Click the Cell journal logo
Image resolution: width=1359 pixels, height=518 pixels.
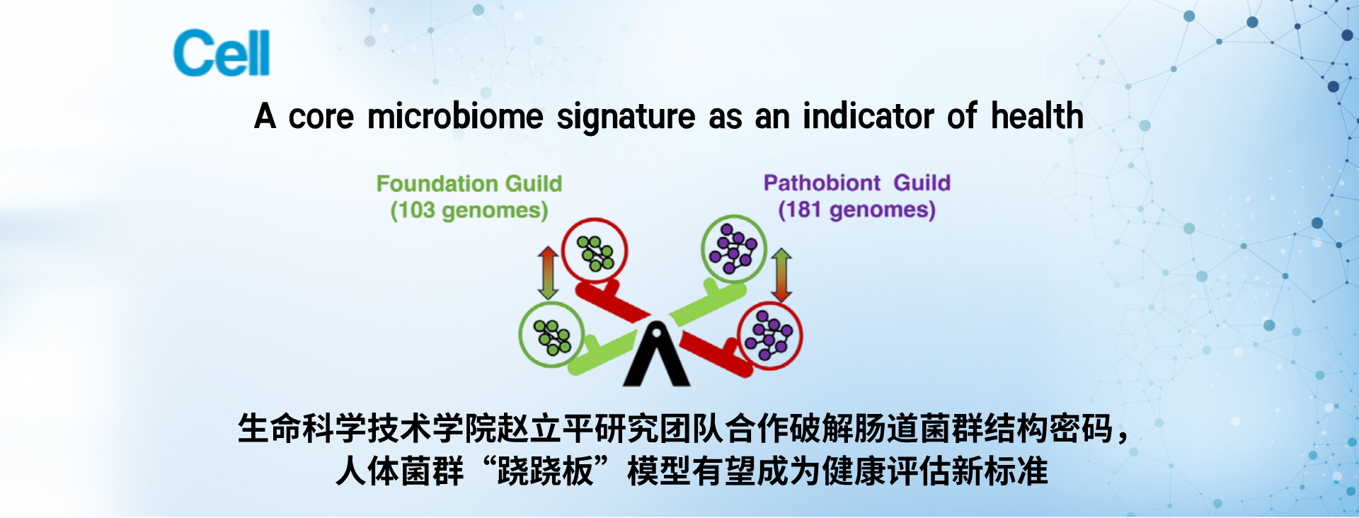coord(222,52)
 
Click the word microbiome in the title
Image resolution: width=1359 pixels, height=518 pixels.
coord(455,116)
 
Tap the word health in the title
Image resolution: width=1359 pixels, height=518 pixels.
coord(1037,115)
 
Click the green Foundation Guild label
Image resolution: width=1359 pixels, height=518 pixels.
coord(469,183)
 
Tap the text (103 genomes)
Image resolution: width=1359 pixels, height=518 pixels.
coord(469,210)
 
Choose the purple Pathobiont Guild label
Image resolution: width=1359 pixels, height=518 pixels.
coord(856,183)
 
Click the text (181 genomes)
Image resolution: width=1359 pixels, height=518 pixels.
coord(856,209)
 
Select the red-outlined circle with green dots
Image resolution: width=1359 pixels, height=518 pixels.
coord(595,251)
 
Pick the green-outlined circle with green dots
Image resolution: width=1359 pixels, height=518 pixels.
coord(552,334)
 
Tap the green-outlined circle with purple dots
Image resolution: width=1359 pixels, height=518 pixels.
coord(733,248)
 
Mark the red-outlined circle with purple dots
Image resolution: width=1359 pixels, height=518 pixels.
coord(769,335)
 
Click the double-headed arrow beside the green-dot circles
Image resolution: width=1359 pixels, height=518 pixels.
coord(548,272)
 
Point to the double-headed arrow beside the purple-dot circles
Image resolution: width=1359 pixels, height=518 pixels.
coord(781,275)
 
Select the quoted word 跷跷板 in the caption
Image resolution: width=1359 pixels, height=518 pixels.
coord(545,471)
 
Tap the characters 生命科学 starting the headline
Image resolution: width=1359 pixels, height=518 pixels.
coord(302,429)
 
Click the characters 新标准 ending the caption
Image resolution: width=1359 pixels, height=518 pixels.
coord(1000,471)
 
